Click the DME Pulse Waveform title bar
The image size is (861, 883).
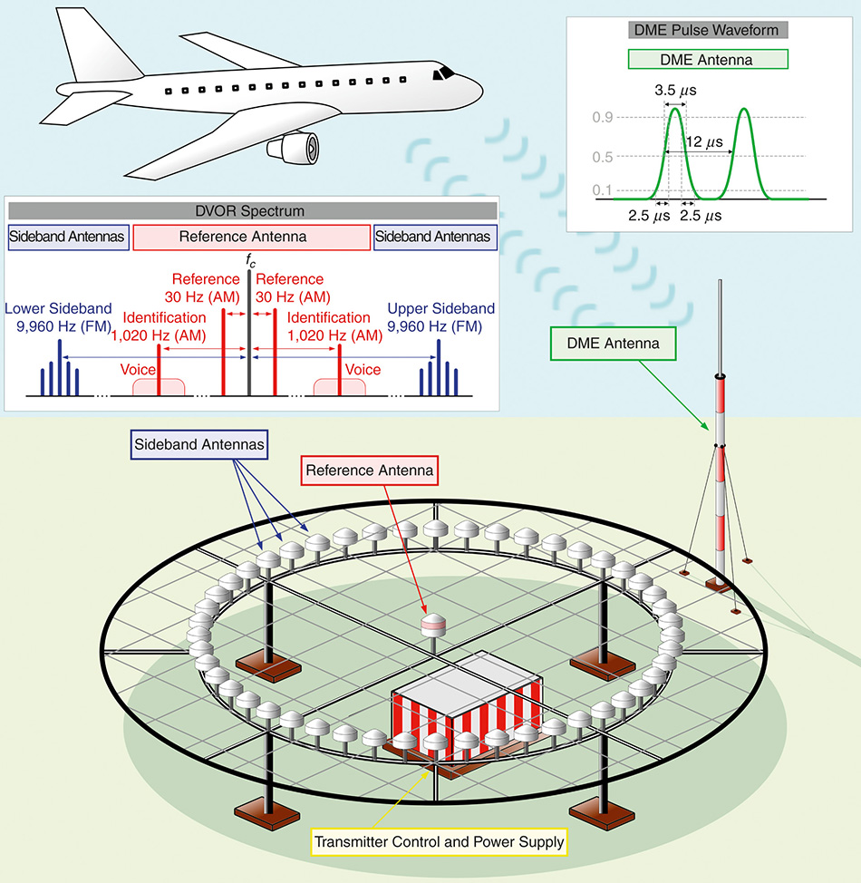(708, 30)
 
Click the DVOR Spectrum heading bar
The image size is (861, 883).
(250, 211)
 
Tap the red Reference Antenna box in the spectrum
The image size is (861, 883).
(251, 238)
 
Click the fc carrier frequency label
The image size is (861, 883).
(249, 261)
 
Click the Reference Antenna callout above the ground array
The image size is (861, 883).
(369, 471)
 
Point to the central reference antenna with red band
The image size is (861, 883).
(432, 626)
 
